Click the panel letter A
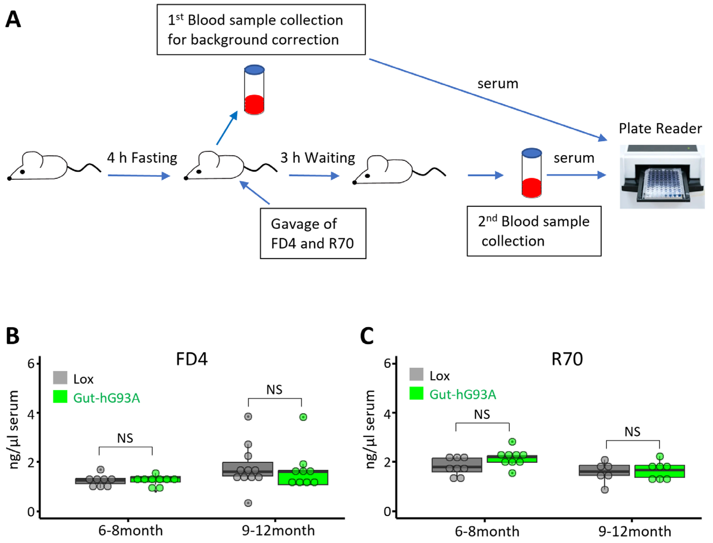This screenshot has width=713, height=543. pyautogui.click(x=13, y=20)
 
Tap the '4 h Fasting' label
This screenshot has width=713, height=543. pyautogui.click(x=142, y=158)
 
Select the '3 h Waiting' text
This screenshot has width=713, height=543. pyautogui.click(x=317, y=158)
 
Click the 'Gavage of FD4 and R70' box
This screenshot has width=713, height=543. pyautogui.click(x=313, y=233)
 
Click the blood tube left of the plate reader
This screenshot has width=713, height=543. pyautogui.click(x=532, y=173)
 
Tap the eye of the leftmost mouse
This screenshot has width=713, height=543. pyautogui.click(x=22, y=172)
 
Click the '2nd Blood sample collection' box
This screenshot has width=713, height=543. pyautogui.click(x=534, y=231)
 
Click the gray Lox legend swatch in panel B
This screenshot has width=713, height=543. pyautogui.click(x=60, y=377)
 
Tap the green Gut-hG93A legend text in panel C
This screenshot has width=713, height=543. pyautogui.click(x=462, y=395)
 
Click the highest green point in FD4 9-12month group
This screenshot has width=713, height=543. pyautogui.click(x=303, y=417)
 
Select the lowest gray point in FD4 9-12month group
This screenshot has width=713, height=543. pyautogui.click(x=248, y=503)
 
